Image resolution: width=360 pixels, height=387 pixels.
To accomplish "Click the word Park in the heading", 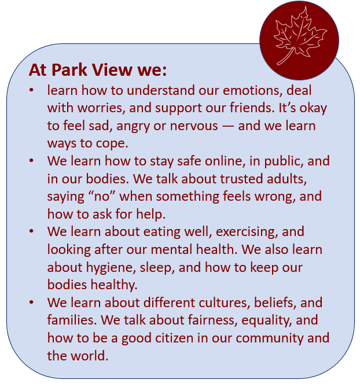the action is [x=69, y=70].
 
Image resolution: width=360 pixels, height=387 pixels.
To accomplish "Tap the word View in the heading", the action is [x=112, y=70].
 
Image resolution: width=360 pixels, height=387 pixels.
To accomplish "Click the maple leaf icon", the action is [x=299, y=36].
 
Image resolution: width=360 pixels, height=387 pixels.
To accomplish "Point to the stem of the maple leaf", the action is [x=285, y=57].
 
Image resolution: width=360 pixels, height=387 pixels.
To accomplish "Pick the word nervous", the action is [x=194, y=126].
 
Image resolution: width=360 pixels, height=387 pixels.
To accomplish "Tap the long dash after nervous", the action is [x=228, y=126].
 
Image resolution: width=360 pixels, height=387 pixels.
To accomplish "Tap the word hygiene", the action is [x=111, y=267].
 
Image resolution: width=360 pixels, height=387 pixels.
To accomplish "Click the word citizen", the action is [x=174, y=338].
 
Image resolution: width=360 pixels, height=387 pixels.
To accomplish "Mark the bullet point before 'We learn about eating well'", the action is [x=31, y=231].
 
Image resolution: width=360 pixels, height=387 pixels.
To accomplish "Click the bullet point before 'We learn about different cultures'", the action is [x=31, y=303].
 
